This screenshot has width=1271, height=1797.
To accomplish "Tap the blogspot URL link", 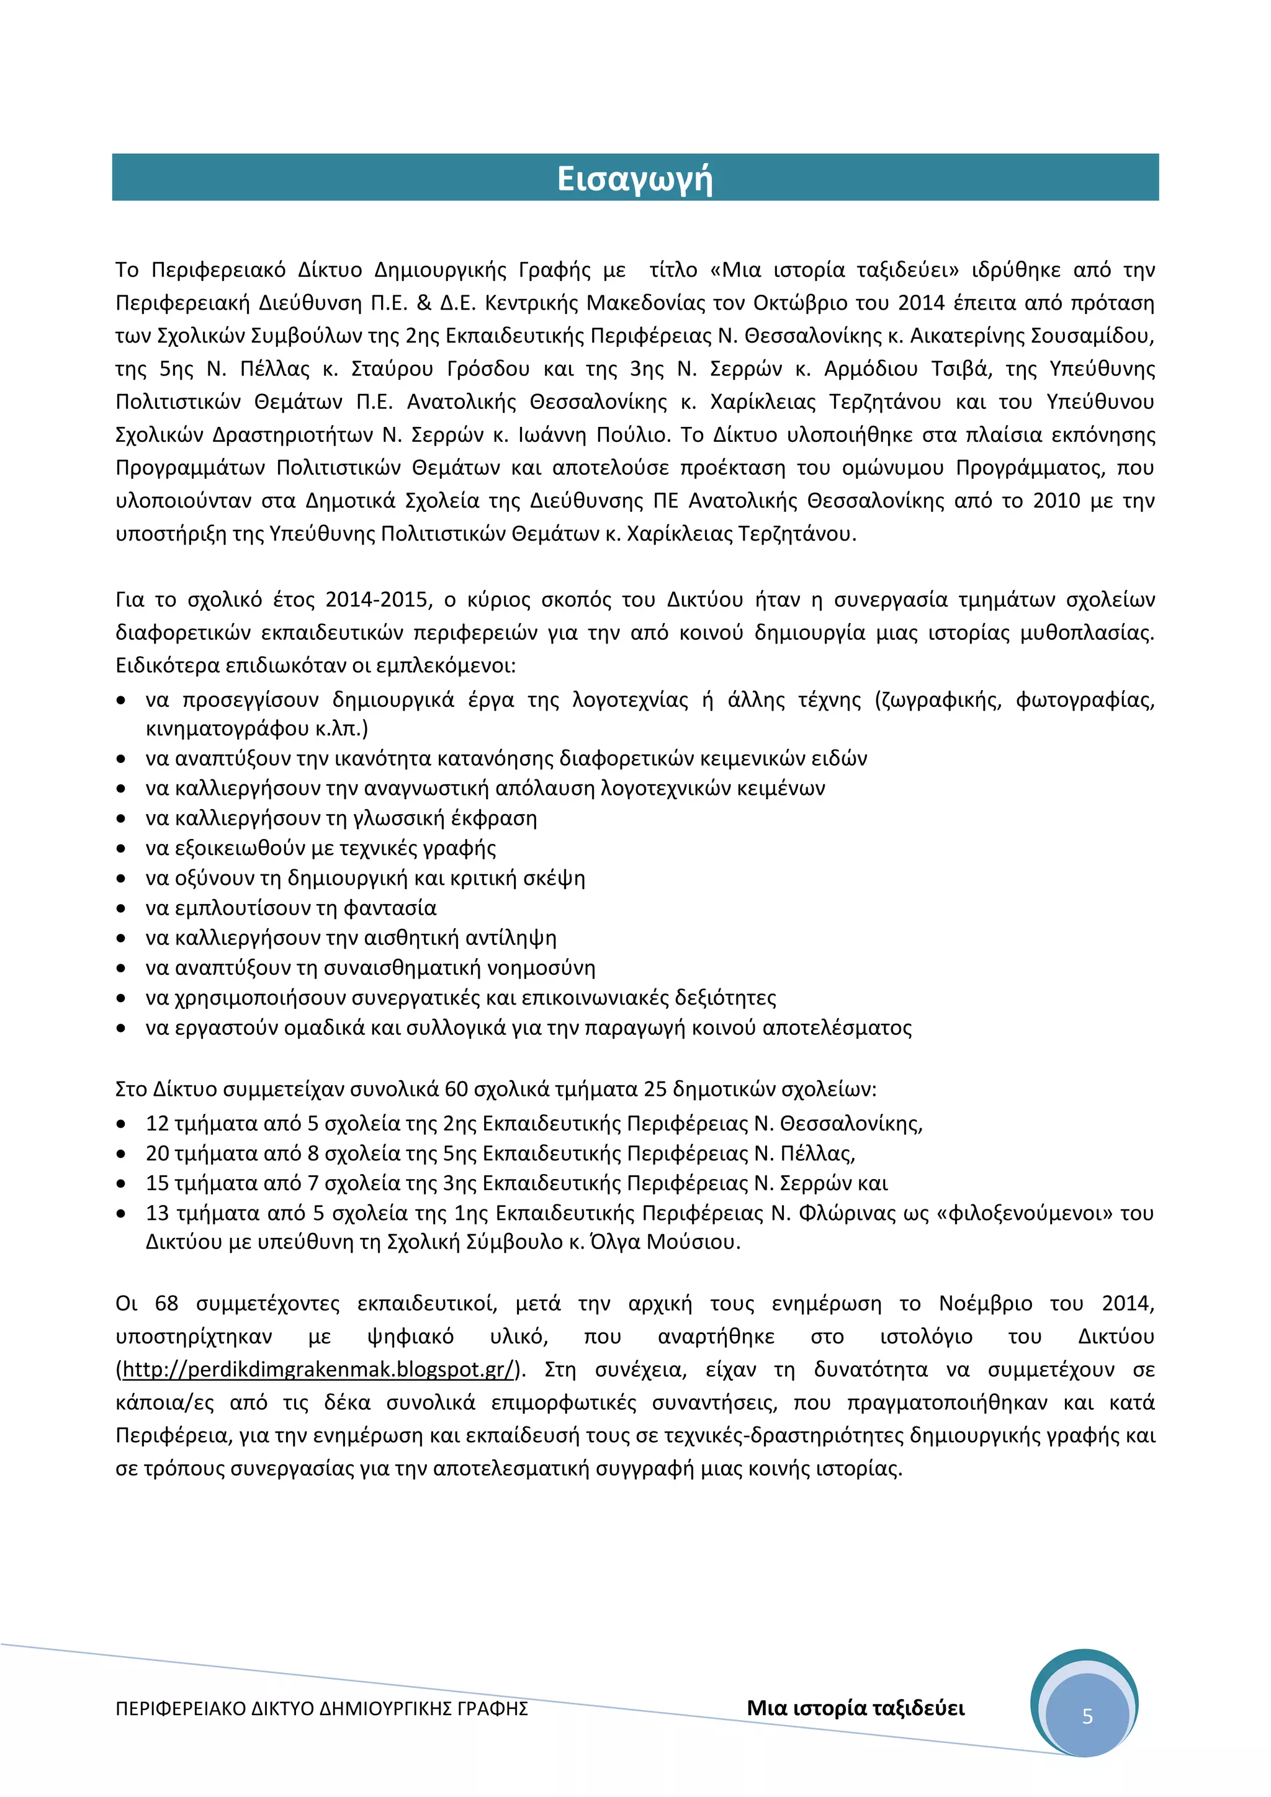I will click(318, 1369).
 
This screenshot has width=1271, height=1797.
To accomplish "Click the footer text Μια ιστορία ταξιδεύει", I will click(855, 1708).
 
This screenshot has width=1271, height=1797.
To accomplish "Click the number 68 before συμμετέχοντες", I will click(166, 1303).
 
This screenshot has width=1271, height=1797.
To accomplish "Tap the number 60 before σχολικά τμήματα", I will click(456, 1090).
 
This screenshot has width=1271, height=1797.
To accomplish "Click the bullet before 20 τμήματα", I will click(121, 1154).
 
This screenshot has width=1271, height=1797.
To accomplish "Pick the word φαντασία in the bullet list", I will click(390, 908).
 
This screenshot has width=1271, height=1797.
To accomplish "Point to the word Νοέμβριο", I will click(986, 1303).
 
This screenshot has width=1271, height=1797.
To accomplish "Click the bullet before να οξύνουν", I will click(121, 878).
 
